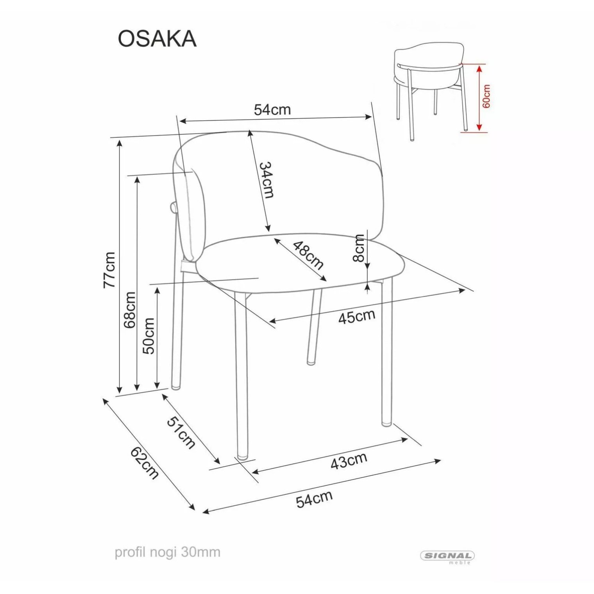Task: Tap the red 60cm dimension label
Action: (x=486, y=96)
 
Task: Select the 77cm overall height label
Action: (x=109, y=270)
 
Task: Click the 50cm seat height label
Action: (x=149, y=335)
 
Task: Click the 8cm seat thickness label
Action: (x=358, y=248)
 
